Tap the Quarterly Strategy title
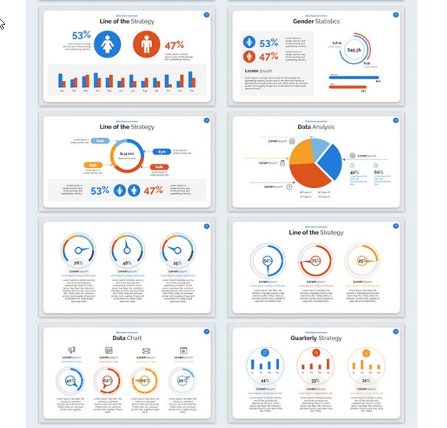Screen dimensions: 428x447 point(316,339)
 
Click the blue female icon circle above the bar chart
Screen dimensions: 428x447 point(108,44)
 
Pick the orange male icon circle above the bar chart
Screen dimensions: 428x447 point(146,45)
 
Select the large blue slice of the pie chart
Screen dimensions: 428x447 point(329,163)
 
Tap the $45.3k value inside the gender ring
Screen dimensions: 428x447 point(354,50)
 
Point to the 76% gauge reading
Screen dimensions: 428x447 point(77,263)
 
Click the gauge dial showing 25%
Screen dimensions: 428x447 point(177,250)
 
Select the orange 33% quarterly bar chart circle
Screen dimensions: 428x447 point(314,364)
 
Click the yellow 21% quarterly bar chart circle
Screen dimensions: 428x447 point(361,364)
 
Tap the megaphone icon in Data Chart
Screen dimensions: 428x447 point(72,350)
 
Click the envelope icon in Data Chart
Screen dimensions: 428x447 point(146,350)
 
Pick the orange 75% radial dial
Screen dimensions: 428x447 point(314,260)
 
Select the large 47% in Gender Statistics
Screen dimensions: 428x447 point(269,57)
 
